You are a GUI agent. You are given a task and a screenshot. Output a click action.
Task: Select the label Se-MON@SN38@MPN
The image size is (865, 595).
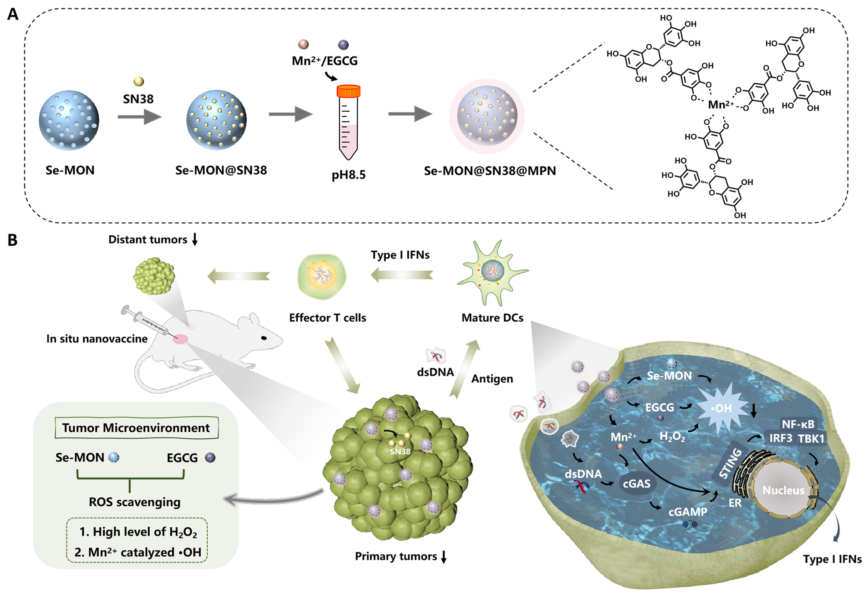coord(490,171)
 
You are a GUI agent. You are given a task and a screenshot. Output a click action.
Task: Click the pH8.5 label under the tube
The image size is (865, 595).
coord(349,174)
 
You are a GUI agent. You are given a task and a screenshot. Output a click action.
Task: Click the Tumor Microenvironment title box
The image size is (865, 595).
coord(136,428)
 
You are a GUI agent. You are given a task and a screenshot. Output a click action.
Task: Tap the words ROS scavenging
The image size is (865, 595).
coord(135,502)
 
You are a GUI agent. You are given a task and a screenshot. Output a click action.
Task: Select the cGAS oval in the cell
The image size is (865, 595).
coord(637,484)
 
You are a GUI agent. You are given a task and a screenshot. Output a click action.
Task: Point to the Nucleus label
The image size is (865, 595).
coord(783,490)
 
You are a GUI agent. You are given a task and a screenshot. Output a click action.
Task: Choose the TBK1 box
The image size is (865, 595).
coord(811,438)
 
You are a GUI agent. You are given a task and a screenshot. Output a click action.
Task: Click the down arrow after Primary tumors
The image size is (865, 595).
coord(443,557)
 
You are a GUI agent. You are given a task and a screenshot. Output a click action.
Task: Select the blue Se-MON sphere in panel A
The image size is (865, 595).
coord(69,120)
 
